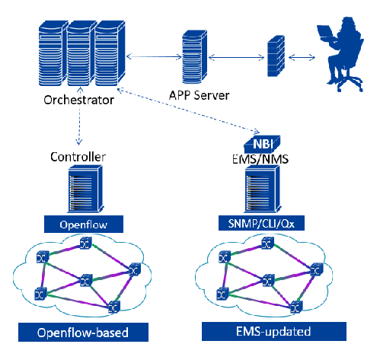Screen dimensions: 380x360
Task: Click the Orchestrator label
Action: coord(78,100)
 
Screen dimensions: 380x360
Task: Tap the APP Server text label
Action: coord(200,95)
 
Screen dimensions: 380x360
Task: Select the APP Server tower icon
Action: coord(194,57)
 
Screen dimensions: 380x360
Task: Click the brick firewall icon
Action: coord(276,56)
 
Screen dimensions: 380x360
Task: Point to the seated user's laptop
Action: coord(326,33)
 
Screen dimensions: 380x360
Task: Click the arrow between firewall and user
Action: coord(302,57)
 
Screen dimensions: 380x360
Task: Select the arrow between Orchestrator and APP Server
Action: coord(154,56)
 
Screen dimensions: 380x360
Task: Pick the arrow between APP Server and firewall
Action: coord(236,58)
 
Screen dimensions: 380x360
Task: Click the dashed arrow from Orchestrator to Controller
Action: coord(79,116)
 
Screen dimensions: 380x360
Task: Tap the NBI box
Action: coord(262,144)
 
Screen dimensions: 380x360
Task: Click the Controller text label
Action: coord(78,157)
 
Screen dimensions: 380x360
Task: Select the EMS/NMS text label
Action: coord(260,159)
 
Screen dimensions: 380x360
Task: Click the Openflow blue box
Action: coord(84,225)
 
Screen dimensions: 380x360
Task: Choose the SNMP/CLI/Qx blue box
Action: coord(261,223)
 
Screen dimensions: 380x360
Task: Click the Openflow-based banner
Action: coord(83,333)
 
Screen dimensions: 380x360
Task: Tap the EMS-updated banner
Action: coord(274,331)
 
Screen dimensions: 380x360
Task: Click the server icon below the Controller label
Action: coord(85,189)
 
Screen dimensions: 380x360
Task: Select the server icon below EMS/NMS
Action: coord(263,189)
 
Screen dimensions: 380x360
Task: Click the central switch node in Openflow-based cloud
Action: coord(86,280)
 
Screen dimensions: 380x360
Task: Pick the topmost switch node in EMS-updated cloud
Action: coord(268,244)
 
